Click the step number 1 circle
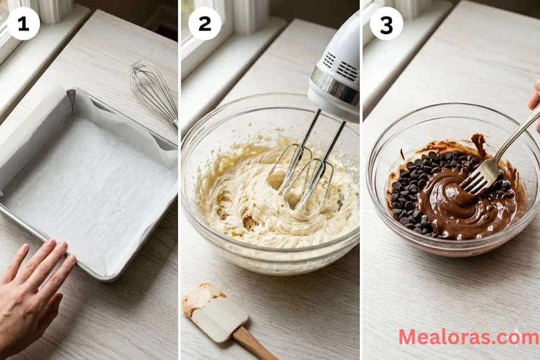click(23, 24)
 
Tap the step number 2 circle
click(205, 24)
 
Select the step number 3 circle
click(386, 24)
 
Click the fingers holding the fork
click(535, 100)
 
